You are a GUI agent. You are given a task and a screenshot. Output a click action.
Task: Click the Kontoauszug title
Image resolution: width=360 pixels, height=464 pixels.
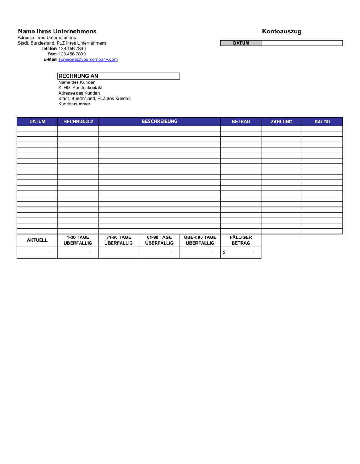coord(282,31)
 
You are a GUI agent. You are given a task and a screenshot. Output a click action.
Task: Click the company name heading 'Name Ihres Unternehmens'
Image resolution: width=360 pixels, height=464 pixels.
coord(57,31)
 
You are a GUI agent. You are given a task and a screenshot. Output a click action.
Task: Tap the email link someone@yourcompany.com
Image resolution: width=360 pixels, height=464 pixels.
coord(88,59)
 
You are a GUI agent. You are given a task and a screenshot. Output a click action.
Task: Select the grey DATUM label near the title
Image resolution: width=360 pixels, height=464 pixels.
coord(241,43)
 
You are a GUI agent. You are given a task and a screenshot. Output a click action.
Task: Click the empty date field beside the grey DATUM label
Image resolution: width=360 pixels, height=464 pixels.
coord(302,43)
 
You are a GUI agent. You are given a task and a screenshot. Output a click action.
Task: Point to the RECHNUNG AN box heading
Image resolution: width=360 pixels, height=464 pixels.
coord(78,76)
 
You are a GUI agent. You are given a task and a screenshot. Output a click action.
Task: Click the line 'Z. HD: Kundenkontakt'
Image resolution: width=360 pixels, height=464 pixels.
coord(80,88)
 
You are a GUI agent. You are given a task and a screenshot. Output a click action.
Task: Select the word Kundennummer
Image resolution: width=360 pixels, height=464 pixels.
coord(74,104)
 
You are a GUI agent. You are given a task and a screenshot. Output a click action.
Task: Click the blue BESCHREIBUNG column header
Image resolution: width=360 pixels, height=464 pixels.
coord(159,122)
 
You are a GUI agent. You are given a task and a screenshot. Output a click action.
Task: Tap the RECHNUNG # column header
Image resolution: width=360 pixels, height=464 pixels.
coord(78,122)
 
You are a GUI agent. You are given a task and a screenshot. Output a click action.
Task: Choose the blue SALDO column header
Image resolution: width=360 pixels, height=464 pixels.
coord(322,122)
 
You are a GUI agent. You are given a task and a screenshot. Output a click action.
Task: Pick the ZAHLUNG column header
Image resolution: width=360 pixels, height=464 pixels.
coord(282,122)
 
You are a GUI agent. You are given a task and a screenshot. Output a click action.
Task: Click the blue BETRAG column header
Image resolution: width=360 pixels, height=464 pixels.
coord(241,122)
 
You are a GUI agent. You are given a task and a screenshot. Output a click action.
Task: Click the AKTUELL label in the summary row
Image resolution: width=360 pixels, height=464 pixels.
coord(37,240)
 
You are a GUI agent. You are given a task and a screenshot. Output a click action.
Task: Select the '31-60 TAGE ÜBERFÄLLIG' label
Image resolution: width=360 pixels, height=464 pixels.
coord(118,240)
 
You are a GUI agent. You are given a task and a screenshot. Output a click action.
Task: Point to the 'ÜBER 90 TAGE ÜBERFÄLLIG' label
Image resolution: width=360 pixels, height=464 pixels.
coord(200,240)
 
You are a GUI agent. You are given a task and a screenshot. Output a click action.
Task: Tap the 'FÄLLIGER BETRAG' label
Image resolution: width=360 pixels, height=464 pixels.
coord(241,240)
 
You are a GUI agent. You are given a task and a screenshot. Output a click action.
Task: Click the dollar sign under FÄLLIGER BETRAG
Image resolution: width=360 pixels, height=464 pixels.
coord(224,253)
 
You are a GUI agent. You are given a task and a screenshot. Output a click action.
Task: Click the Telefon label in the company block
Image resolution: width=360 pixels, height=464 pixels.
coord(49,49)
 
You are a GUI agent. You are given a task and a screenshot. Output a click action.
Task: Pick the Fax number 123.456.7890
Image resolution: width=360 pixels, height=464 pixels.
coord(72,54)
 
